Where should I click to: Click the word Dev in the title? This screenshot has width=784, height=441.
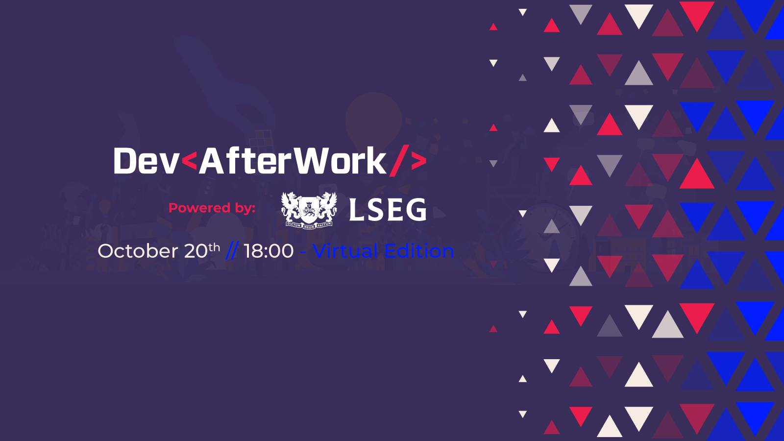point(146,161)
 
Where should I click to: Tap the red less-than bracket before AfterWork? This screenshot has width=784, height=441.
point(189,161)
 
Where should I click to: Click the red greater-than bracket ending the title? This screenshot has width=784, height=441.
point(418,161)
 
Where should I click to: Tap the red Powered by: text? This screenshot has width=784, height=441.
point(212,208)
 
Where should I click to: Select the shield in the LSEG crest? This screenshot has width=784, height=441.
point(309,208)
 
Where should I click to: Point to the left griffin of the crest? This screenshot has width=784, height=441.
point(291,206)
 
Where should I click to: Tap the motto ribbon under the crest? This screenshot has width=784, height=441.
point(309,225)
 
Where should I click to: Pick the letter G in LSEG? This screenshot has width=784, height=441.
point(416,210)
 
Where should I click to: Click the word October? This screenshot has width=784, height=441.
point(138,251)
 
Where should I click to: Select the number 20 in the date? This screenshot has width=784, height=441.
point(196,251)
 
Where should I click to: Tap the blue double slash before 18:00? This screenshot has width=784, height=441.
point(232,251)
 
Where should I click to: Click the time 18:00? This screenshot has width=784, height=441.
point(269,251)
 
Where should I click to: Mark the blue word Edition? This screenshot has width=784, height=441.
point(419,251)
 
